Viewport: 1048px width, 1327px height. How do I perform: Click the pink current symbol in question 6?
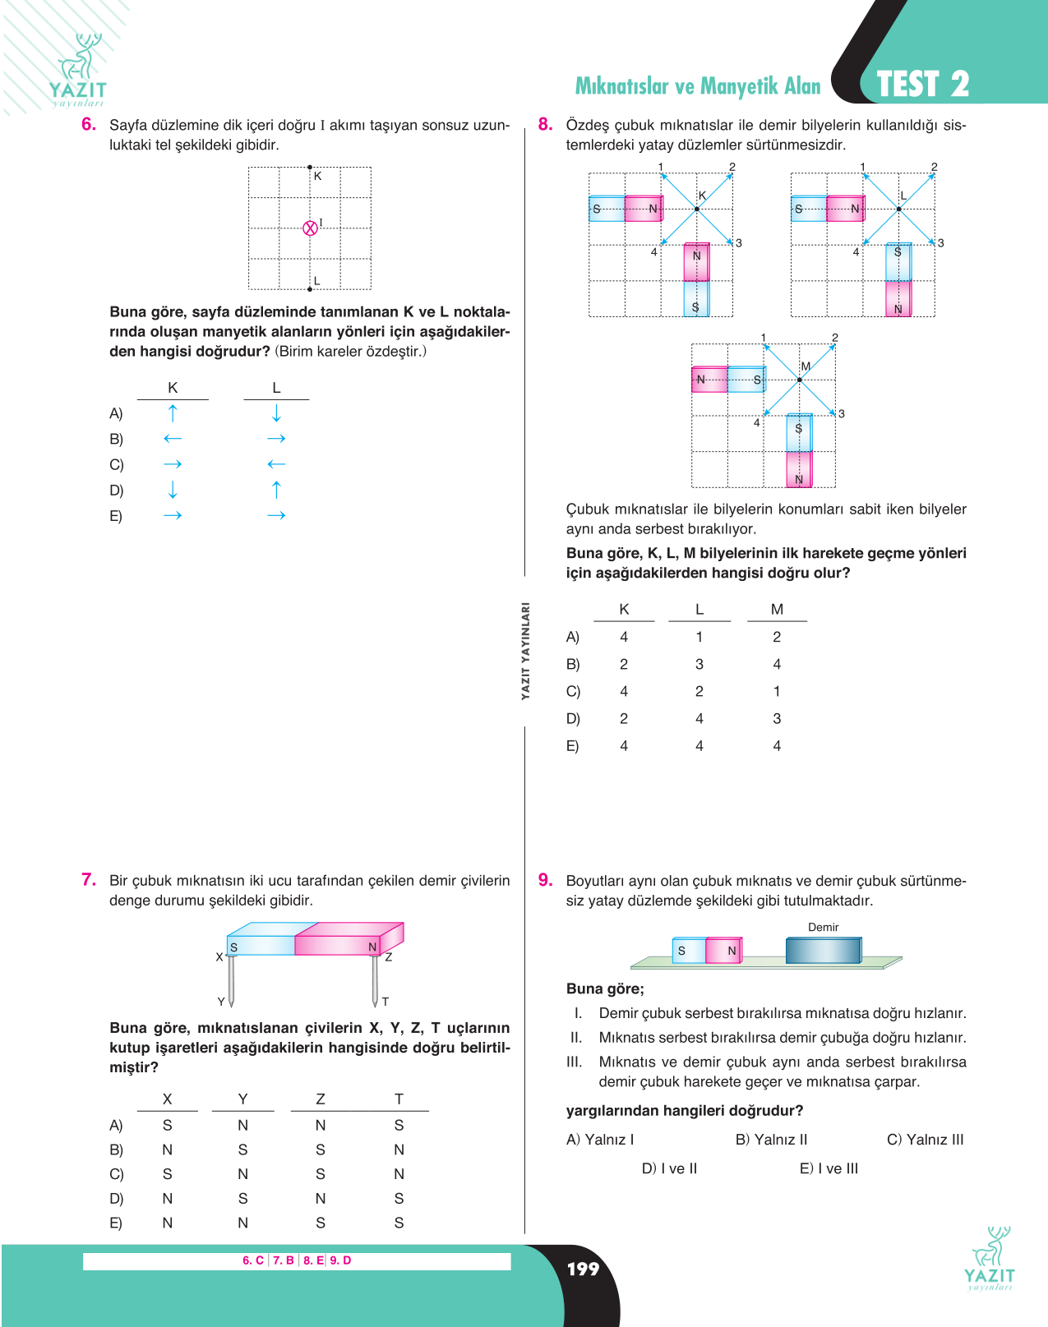tap(310, 228)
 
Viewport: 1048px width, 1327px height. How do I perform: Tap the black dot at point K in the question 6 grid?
tap(310, 167)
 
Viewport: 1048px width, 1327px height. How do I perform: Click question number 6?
tap(88, 125)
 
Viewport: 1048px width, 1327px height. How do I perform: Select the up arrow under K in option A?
tap(173, 413)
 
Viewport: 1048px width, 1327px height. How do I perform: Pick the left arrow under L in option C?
tap(276, 464)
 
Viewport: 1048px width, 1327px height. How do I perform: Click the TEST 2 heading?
tap(923, 84)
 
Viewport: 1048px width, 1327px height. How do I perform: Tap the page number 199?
tap(583, 1269)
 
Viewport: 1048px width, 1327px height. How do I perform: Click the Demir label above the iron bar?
tap(823, 927)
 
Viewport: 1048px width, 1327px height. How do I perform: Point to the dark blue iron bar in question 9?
tap(824, 950)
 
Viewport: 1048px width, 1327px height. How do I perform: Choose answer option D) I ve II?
tap(669, 1168)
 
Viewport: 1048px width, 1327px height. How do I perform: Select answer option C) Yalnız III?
tap(926, 1139)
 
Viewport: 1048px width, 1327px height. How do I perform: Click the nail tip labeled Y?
tap(231, 1006)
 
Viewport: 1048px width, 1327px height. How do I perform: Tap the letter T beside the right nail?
tap(385, 1002)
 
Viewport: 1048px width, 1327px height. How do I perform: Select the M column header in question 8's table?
tap(777, 609)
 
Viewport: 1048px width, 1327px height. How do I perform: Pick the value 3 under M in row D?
tap(777, 718)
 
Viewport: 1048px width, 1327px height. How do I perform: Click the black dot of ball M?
tap(800, 380)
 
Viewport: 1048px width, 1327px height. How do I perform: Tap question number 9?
tap(545, 880)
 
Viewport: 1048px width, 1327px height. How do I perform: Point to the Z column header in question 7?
tap(320, 1099)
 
